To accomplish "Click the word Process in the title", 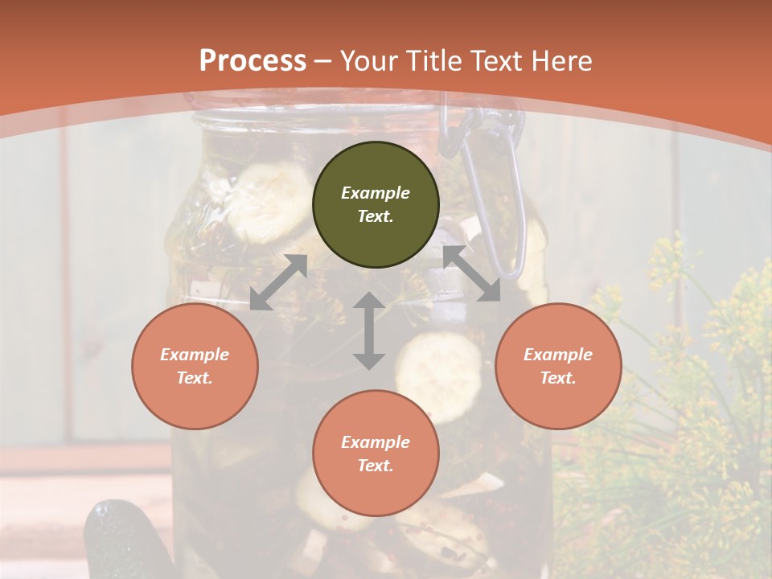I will point(253,61).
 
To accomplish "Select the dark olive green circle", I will point(376,204).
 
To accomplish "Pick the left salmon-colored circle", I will point(195,366).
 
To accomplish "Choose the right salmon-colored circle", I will point(558,366).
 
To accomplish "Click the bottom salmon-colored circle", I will point(376,453).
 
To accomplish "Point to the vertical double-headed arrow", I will point(369,331).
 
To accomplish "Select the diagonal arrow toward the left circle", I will point(278,282).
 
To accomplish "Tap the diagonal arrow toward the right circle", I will point(471,273).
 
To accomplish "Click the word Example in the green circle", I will point(376,193).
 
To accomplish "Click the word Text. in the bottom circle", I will point(376,466).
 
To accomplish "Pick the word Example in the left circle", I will point(195,355).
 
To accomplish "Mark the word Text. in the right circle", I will point(558,378).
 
